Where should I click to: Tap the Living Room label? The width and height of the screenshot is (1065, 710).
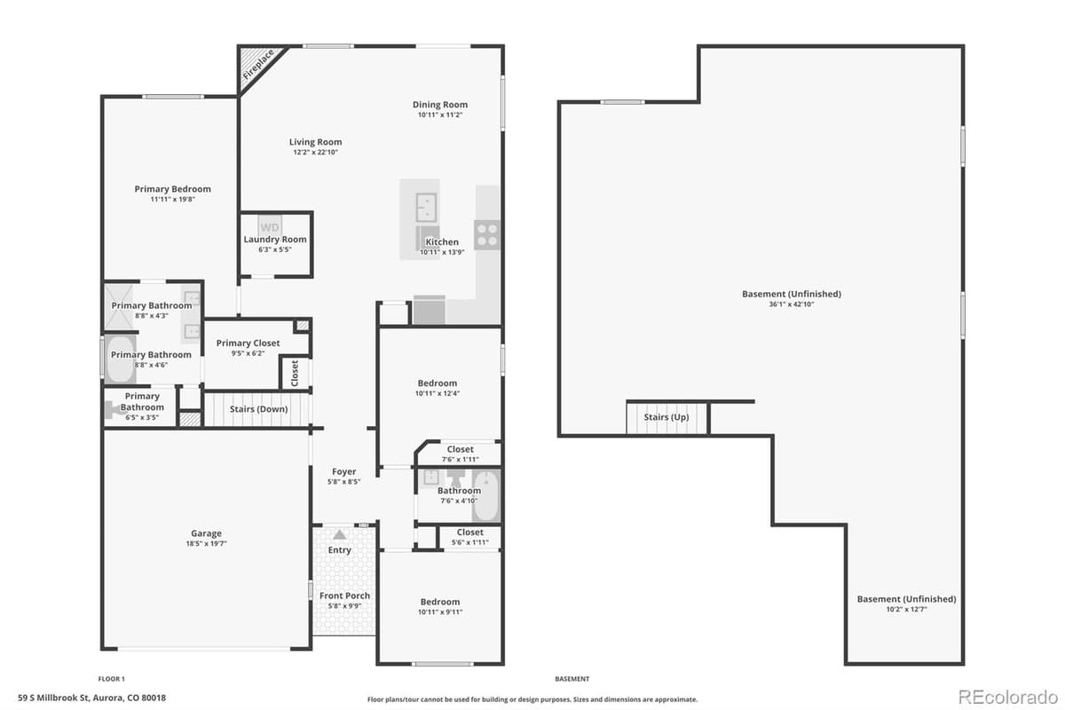tap(315, 142)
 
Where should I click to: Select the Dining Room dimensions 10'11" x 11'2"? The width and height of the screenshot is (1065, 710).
tap(440, 115)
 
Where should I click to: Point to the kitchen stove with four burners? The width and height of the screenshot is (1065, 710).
tap(487, 234)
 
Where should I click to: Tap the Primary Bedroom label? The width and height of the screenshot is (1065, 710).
tap(172, 189)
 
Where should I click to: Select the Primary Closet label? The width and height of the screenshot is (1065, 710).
tap(248, 343)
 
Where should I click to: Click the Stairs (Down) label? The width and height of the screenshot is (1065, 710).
tap(258, 409)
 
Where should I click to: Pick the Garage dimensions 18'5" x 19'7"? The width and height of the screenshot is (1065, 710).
tap(206, 544)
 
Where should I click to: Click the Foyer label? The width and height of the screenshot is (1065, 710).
tap(343, 472)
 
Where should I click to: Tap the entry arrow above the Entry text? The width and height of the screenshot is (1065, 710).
tap(339, 535)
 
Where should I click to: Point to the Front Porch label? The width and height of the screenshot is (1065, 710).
tap(344, 596)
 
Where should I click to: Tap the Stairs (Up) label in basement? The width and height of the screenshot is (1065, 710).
tap(666, 417)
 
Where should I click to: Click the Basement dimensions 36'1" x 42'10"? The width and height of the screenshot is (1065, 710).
tap(791, 304)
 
